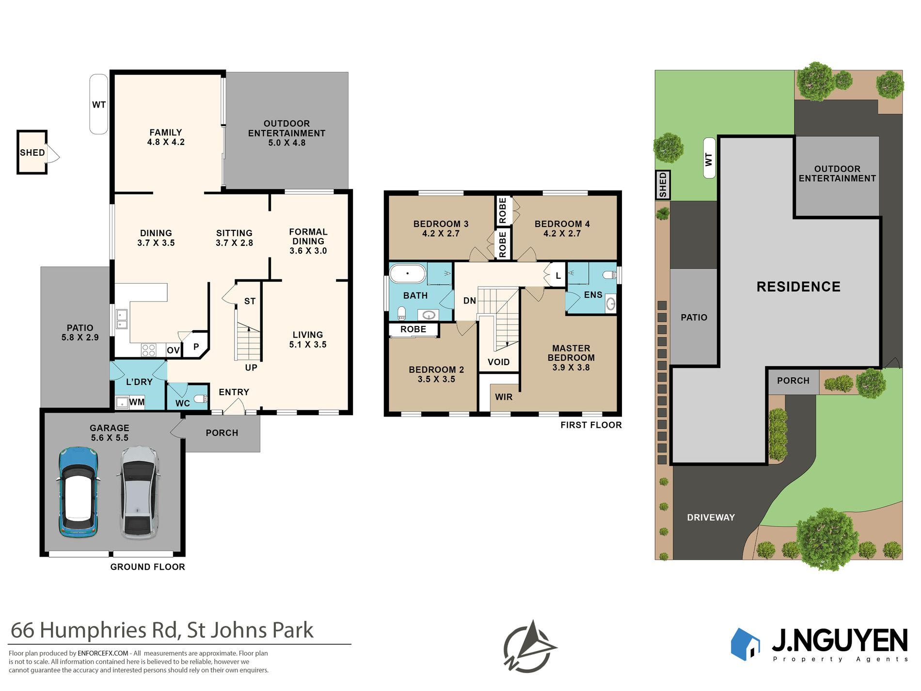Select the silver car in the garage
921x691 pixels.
(139, 492)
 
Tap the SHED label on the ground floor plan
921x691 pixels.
(32, 153)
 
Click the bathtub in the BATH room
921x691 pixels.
(408, 274)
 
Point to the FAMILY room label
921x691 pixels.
(166, 132)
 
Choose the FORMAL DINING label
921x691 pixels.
(308, 237)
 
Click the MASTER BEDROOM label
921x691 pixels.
(571, 353)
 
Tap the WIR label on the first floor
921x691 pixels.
(504, 397)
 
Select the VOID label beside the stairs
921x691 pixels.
(499, 362)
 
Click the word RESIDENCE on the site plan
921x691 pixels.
(799, 287)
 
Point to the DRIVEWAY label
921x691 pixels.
(711, 517)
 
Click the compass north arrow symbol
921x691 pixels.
(530, 646)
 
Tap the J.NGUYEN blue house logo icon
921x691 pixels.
(745, 644)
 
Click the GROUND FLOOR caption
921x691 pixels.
(148, 567)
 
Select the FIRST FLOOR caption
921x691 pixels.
(591, 425)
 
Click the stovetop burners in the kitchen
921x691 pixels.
(148, 350)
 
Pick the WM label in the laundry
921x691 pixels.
(137, 402)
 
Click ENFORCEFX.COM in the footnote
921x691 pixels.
(103, 654)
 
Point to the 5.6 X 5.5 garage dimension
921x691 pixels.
(110, 438)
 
